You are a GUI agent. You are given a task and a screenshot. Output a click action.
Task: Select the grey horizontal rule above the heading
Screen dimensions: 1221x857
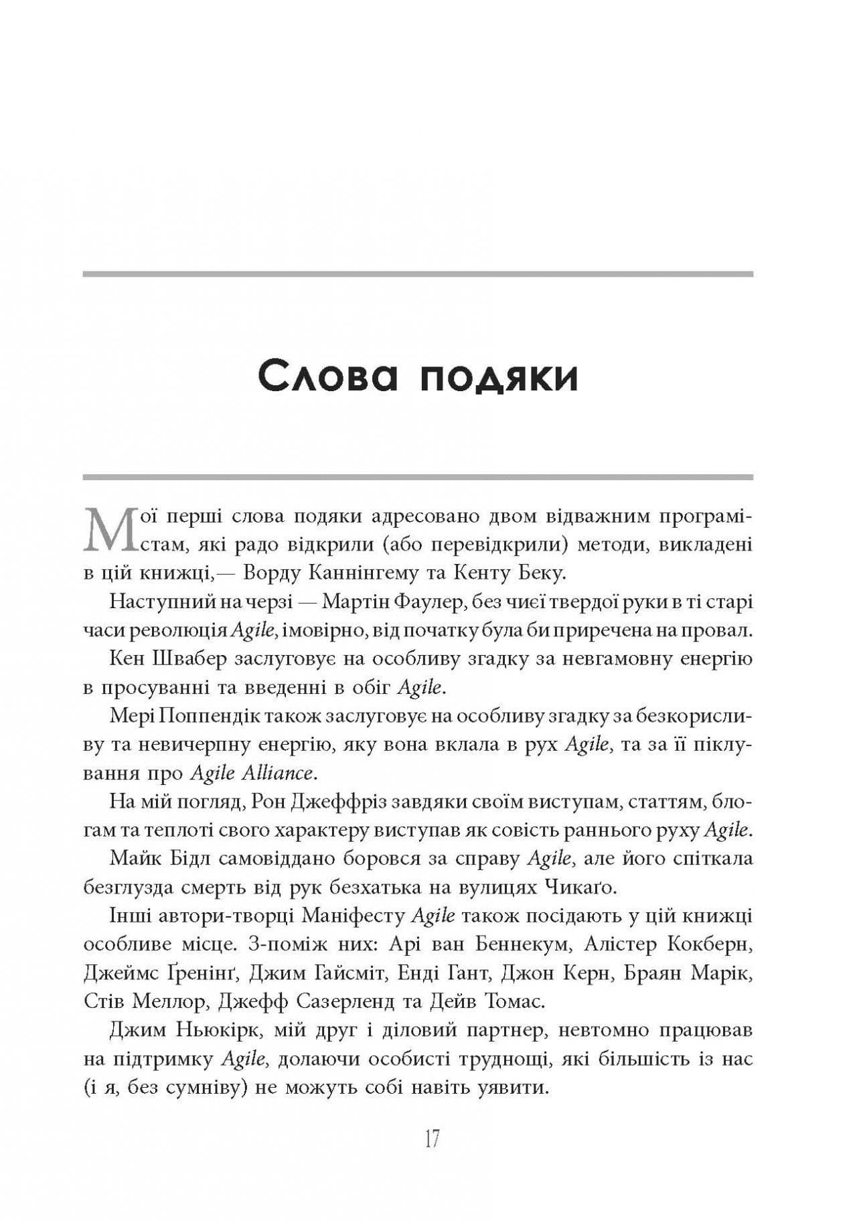418,274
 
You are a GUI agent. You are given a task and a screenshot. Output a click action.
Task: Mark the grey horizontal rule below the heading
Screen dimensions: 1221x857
418,477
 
